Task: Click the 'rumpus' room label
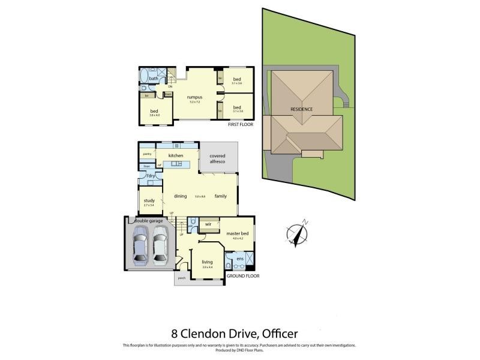point(194,97)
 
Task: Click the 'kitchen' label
point(175,155)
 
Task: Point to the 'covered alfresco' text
point(217,158)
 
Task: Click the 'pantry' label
point(146,154)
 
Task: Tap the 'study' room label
point(149,201)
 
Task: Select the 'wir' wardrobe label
point(208,224)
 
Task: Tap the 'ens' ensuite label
point(239,259)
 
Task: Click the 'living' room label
point(207,262)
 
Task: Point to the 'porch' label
point(181,278)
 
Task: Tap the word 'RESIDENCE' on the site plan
point(302,109)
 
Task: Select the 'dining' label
point(181,196)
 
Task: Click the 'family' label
point(220,196)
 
